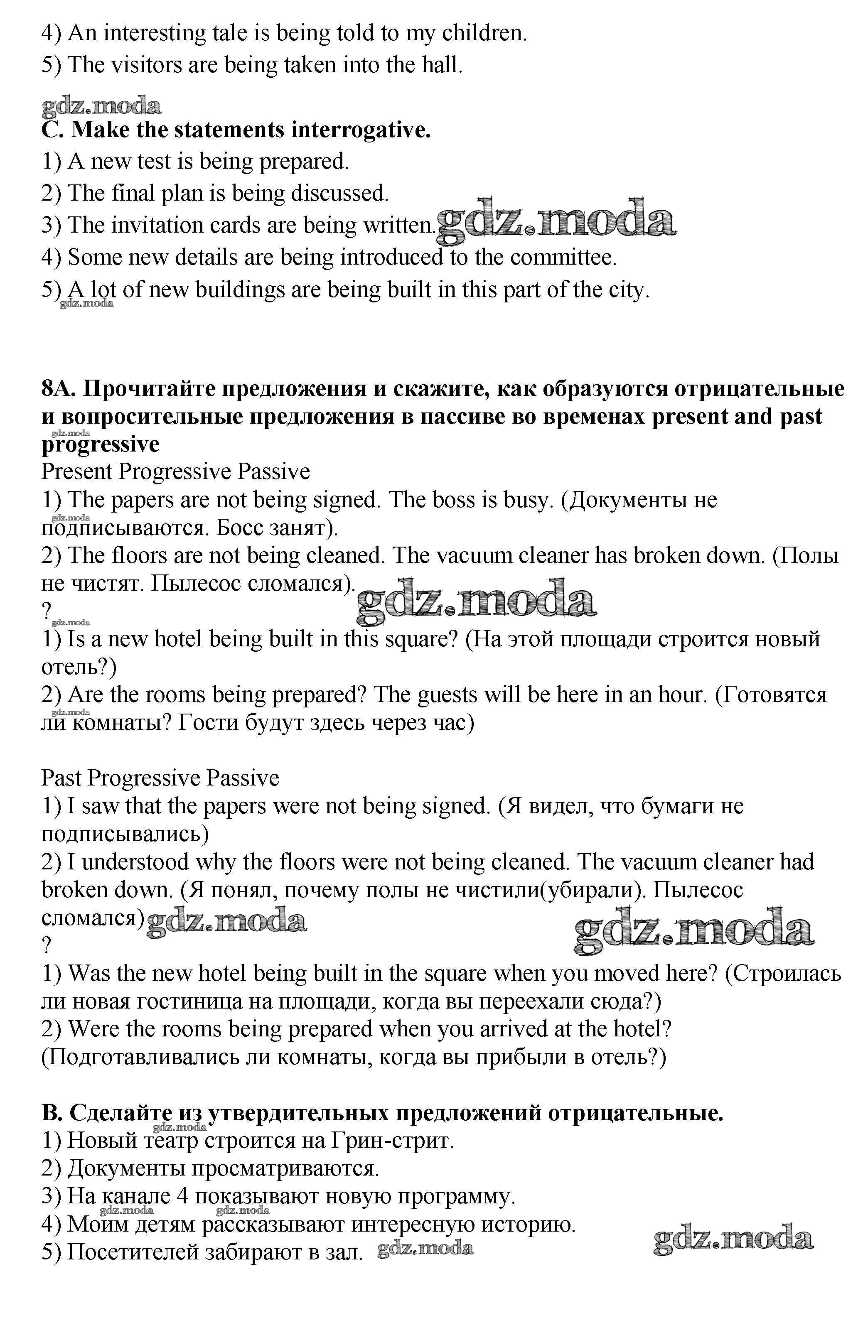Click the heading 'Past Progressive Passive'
point(160,778)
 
